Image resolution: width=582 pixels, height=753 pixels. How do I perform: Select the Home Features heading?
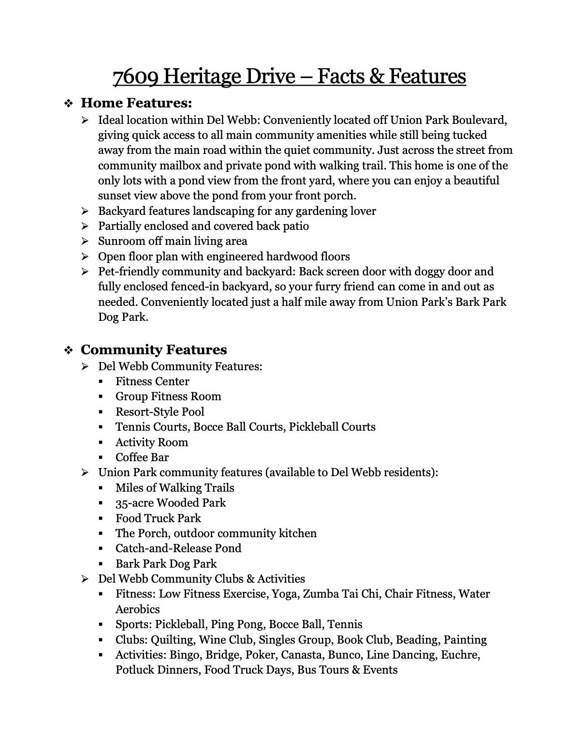click(x=136, y=103)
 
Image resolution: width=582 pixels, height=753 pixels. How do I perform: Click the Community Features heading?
click(x=154, y=350)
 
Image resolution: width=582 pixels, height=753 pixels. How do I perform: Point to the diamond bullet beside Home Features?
click(x=69, y=104)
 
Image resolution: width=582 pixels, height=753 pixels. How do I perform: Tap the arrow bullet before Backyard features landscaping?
click(x=85, y=211)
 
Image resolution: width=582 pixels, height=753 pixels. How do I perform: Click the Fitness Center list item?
click(x=152, y=381)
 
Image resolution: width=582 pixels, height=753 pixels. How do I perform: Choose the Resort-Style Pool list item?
click(x=160, y=412)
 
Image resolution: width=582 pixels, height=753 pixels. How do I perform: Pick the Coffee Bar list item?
click(x=142, y=457)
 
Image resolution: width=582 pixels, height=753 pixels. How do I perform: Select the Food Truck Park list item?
click(x=158, y=518)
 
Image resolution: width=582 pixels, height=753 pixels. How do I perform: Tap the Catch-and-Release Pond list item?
click(x=178, y=548)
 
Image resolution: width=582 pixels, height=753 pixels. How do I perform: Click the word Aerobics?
click(x=137, y=609)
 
